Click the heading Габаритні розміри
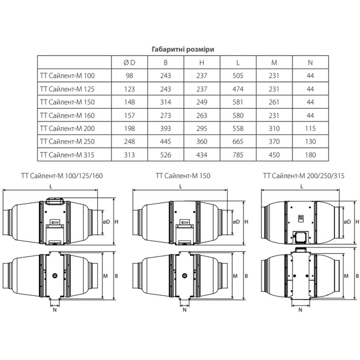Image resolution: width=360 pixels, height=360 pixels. [183, 49]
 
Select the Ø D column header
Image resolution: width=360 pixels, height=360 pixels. [129, 62]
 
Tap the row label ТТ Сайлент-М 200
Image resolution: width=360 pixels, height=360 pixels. [67, 128]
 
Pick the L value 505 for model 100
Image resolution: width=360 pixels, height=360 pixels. [238, 75]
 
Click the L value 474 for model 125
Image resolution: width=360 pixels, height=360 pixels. [238, 89]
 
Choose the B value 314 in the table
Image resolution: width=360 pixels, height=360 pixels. [165, 102]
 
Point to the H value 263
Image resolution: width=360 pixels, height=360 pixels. [202, 115]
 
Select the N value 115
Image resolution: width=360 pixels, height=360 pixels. [310, 128]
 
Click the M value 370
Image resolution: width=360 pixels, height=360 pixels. [274, 141]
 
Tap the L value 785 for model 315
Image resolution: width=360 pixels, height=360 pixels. [238, 155]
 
